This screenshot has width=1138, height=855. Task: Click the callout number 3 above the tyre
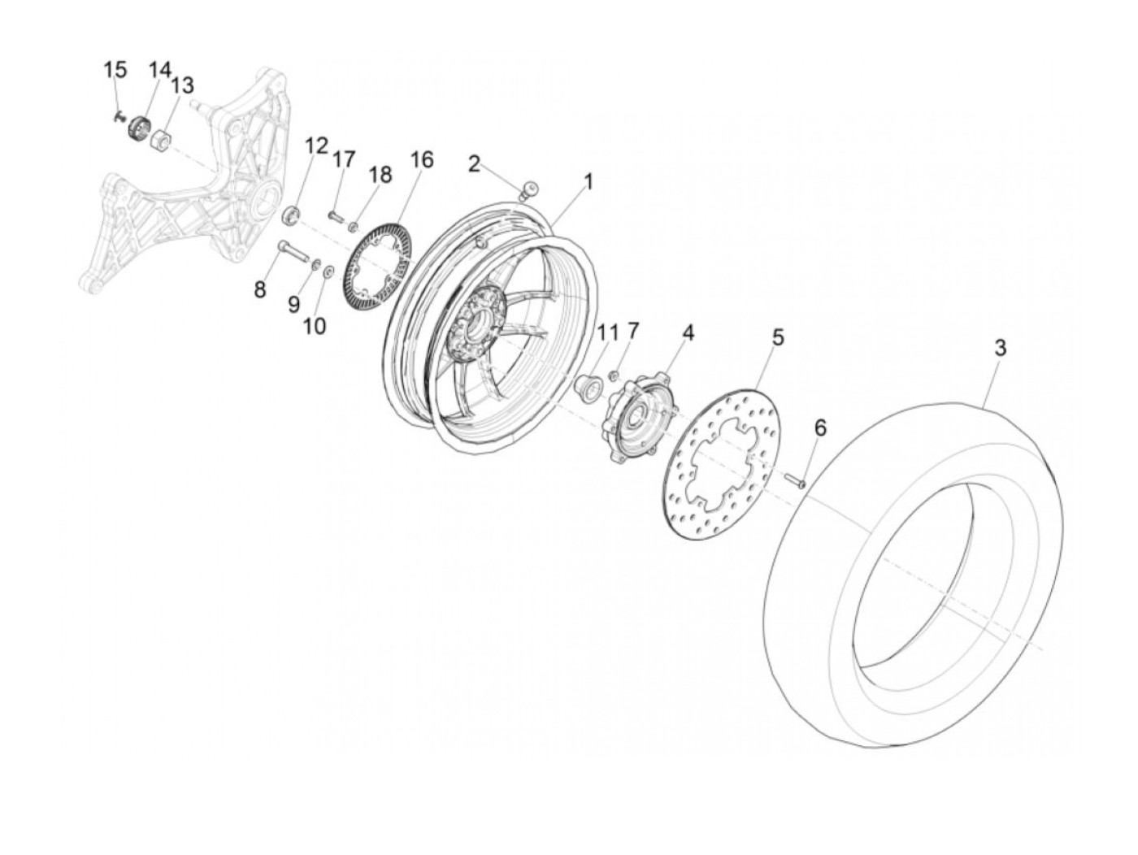coord(1000,348)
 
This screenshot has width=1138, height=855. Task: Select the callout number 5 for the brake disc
coord(778,337)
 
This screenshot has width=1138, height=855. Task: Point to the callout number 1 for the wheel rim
coord(587,180)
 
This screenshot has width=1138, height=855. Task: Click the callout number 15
coord(115,69)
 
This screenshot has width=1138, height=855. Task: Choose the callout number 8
coord(260,289)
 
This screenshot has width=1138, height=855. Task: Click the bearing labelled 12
coord(290,217)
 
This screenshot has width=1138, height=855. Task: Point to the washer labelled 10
coord(328,271)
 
